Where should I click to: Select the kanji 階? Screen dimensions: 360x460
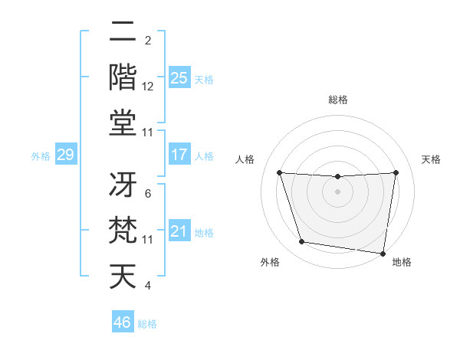click(x=123, y=77)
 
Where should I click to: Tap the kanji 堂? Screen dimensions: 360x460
click(x=123, y=123)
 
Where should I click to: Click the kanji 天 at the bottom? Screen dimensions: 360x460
click(x=123, y=276)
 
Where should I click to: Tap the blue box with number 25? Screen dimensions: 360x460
click(x=179, y=77)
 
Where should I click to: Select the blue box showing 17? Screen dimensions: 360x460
click(x=179, y=155)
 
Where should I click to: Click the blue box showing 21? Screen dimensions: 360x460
click(x=179, y=231)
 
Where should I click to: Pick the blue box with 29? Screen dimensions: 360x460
click(x=65, y=155)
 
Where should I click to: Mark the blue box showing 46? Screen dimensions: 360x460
click(x=123, y=322)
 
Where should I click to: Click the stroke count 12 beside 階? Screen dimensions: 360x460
click(x=148, y=87)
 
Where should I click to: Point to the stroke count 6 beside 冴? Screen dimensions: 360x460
click(x=148, y=194)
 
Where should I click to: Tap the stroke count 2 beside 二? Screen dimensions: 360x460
click(x=148, y=41)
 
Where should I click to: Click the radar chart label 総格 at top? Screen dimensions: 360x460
click(x=337, y=100)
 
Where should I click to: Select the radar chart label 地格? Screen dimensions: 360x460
click(x=402, y=262)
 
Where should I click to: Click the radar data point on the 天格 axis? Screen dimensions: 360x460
click(x=396, y=172)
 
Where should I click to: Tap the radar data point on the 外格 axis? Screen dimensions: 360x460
click(x=301, y=242)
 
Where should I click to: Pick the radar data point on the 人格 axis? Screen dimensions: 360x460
click(x=279, y=172)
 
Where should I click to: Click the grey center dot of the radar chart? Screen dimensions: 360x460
click(x=337, y=191)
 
